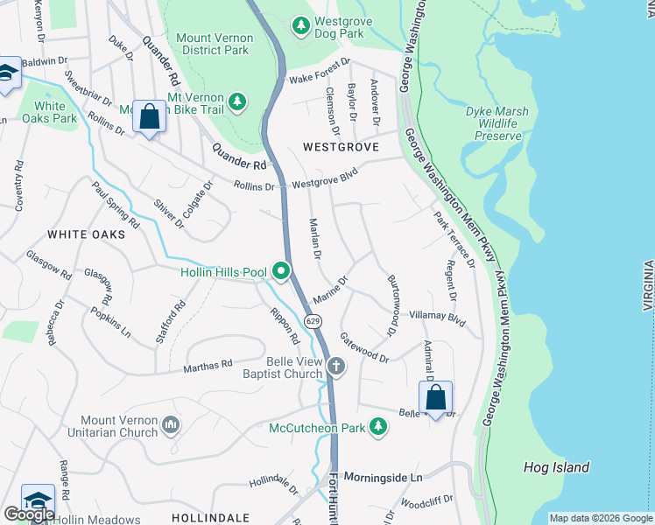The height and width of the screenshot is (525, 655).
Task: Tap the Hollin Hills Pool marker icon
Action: pyautogui.click(x=281, y=272)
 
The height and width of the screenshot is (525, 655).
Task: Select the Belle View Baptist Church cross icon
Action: pyautogui.click(x=336, y=367)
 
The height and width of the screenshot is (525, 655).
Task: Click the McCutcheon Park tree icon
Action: pyautogui.click(x=377, y=427)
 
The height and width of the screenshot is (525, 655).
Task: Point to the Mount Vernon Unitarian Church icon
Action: pyautogui.click(x=171, y=426)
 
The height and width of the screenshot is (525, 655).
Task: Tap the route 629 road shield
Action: pyautogui.click(x=314, y=321)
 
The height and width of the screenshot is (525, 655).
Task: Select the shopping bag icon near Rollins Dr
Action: pyautogui.click(x=149, y=116)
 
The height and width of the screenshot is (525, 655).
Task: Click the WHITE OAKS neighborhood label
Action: pyautogui.click(x=81, y=234)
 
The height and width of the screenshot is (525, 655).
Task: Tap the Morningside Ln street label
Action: pyautogui.click(x=383, y=478)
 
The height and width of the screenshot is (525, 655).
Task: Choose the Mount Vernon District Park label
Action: pyautogui.click(x=215, y=45)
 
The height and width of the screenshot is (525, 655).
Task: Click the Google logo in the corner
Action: pyautogui.click(x=29, y=514)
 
